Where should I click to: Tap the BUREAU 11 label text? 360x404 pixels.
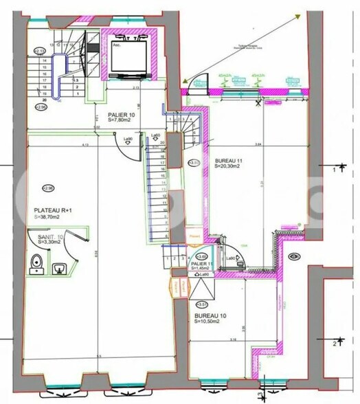pyautogui.click(x=228, y=159)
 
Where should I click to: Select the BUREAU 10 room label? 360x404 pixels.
pyautogui.click(x=210, y=315)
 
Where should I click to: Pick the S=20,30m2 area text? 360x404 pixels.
pyautogui.click(x=229, y=166)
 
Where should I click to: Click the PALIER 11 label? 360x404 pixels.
pyautogui.click(x=201, y=263)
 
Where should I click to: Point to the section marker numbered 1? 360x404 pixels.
pyautogui.click(x=335, y=168)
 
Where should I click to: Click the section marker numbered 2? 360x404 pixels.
pyautogui.click(x=335, y=343)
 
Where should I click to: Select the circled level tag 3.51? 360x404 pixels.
pyautogui.click(x=201, y=303)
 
